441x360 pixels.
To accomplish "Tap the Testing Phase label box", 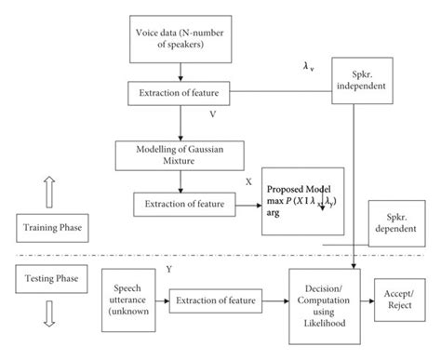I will pos(47,276).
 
